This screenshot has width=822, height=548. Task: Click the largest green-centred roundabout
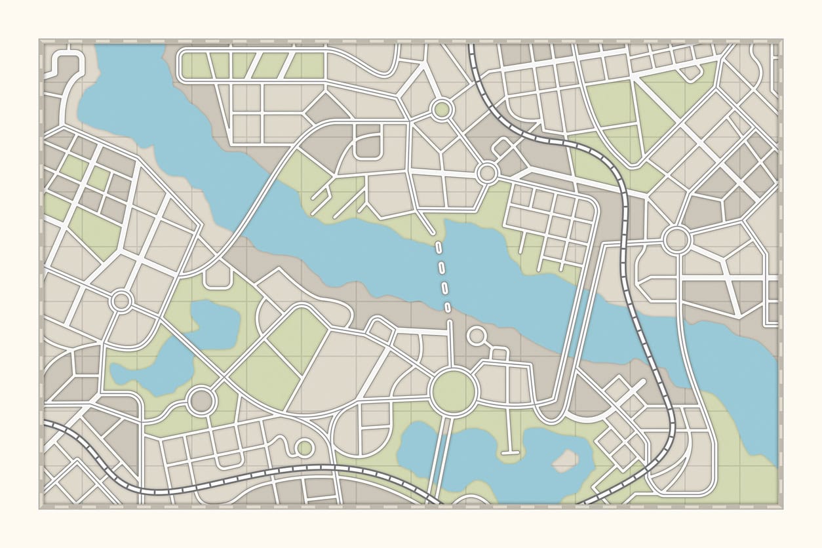pyautogui.click(x=453, y=391)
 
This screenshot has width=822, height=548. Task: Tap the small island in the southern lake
pyautogui.click(x=562, y=463)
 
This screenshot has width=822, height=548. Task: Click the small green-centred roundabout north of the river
pyautogui.click(x=442, y=109)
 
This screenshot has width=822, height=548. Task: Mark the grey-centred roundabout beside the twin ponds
pyautogui.click(x=201, y=400)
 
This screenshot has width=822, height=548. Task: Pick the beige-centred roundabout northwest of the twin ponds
pyautogui.click(x=122, y=301)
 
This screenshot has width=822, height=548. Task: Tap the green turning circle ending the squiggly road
pyautogui.click(x=304, y=448)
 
